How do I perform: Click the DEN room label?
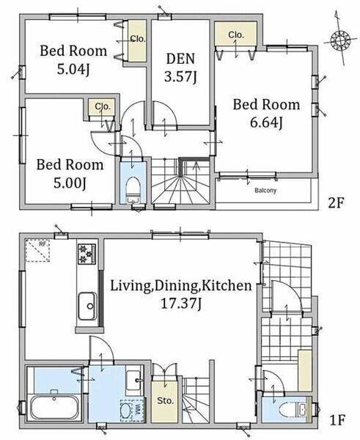point(180,59)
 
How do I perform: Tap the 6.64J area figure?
point(265,123)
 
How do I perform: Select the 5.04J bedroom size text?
point(73,70)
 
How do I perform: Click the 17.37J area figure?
point(181,304)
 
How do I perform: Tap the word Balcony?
point(265,191)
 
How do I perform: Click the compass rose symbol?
point(340,40)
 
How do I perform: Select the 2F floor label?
point(336,202)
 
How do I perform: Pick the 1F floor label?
point(337,420)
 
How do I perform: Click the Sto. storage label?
point(165,400)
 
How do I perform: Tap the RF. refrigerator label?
point(43,244)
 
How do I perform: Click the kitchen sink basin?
point(87,306)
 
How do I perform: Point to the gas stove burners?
point(87,254)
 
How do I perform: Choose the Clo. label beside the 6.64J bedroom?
point(235,34)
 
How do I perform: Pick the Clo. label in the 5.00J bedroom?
point(103,106)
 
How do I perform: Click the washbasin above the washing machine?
point(133,380)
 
